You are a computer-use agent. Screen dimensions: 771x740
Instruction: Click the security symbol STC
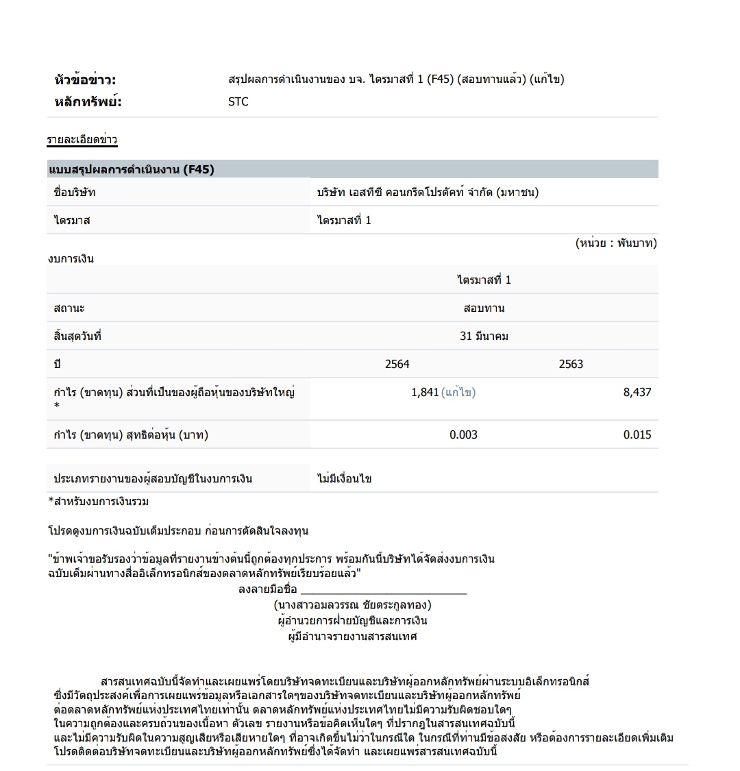[x=238, y=102]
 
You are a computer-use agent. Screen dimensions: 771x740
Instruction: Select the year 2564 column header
[x=397, y=364]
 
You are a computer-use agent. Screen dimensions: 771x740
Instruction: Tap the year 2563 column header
[x=570, y=364]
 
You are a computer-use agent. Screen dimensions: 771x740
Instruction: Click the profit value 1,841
[x=424, y=393]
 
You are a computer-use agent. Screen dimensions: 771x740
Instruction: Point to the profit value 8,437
[x=637, y=393]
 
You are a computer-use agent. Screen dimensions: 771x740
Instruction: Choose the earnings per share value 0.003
[x=463, y=435]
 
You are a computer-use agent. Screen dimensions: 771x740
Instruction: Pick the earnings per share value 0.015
[x=637, y=435]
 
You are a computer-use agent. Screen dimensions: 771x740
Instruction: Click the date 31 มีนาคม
[x=484, y=336]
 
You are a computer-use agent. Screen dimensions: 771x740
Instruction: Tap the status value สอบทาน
[x=484, y=308]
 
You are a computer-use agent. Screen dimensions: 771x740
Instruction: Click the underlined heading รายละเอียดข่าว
[x=82, y=140]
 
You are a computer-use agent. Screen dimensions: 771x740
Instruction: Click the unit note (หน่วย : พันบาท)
[x=615, y=243]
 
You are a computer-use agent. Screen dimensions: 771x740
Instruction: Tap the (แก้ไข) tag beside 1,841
[x=458, y=393]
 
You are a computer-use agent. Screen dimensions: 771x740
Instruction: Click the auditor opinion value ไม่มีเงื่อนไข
[x=345, y=478]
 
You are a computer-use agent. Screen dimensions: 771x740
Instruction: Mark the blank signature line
[x=383, y=590]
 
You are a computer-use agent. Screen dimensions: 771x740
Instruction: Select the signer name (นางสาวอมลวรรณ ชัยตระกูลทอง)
[x=352, y=605]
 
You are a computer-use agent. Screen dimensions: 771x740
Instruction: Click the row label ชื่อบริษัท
[x=75, y=193]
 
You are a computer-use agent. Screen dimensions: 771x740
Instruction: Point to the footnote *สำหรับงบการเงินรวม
[x=98, y=502]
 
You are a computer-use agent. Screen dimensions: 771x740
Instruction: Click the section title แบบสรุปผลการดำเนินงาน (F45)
[x=131, y=169]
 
